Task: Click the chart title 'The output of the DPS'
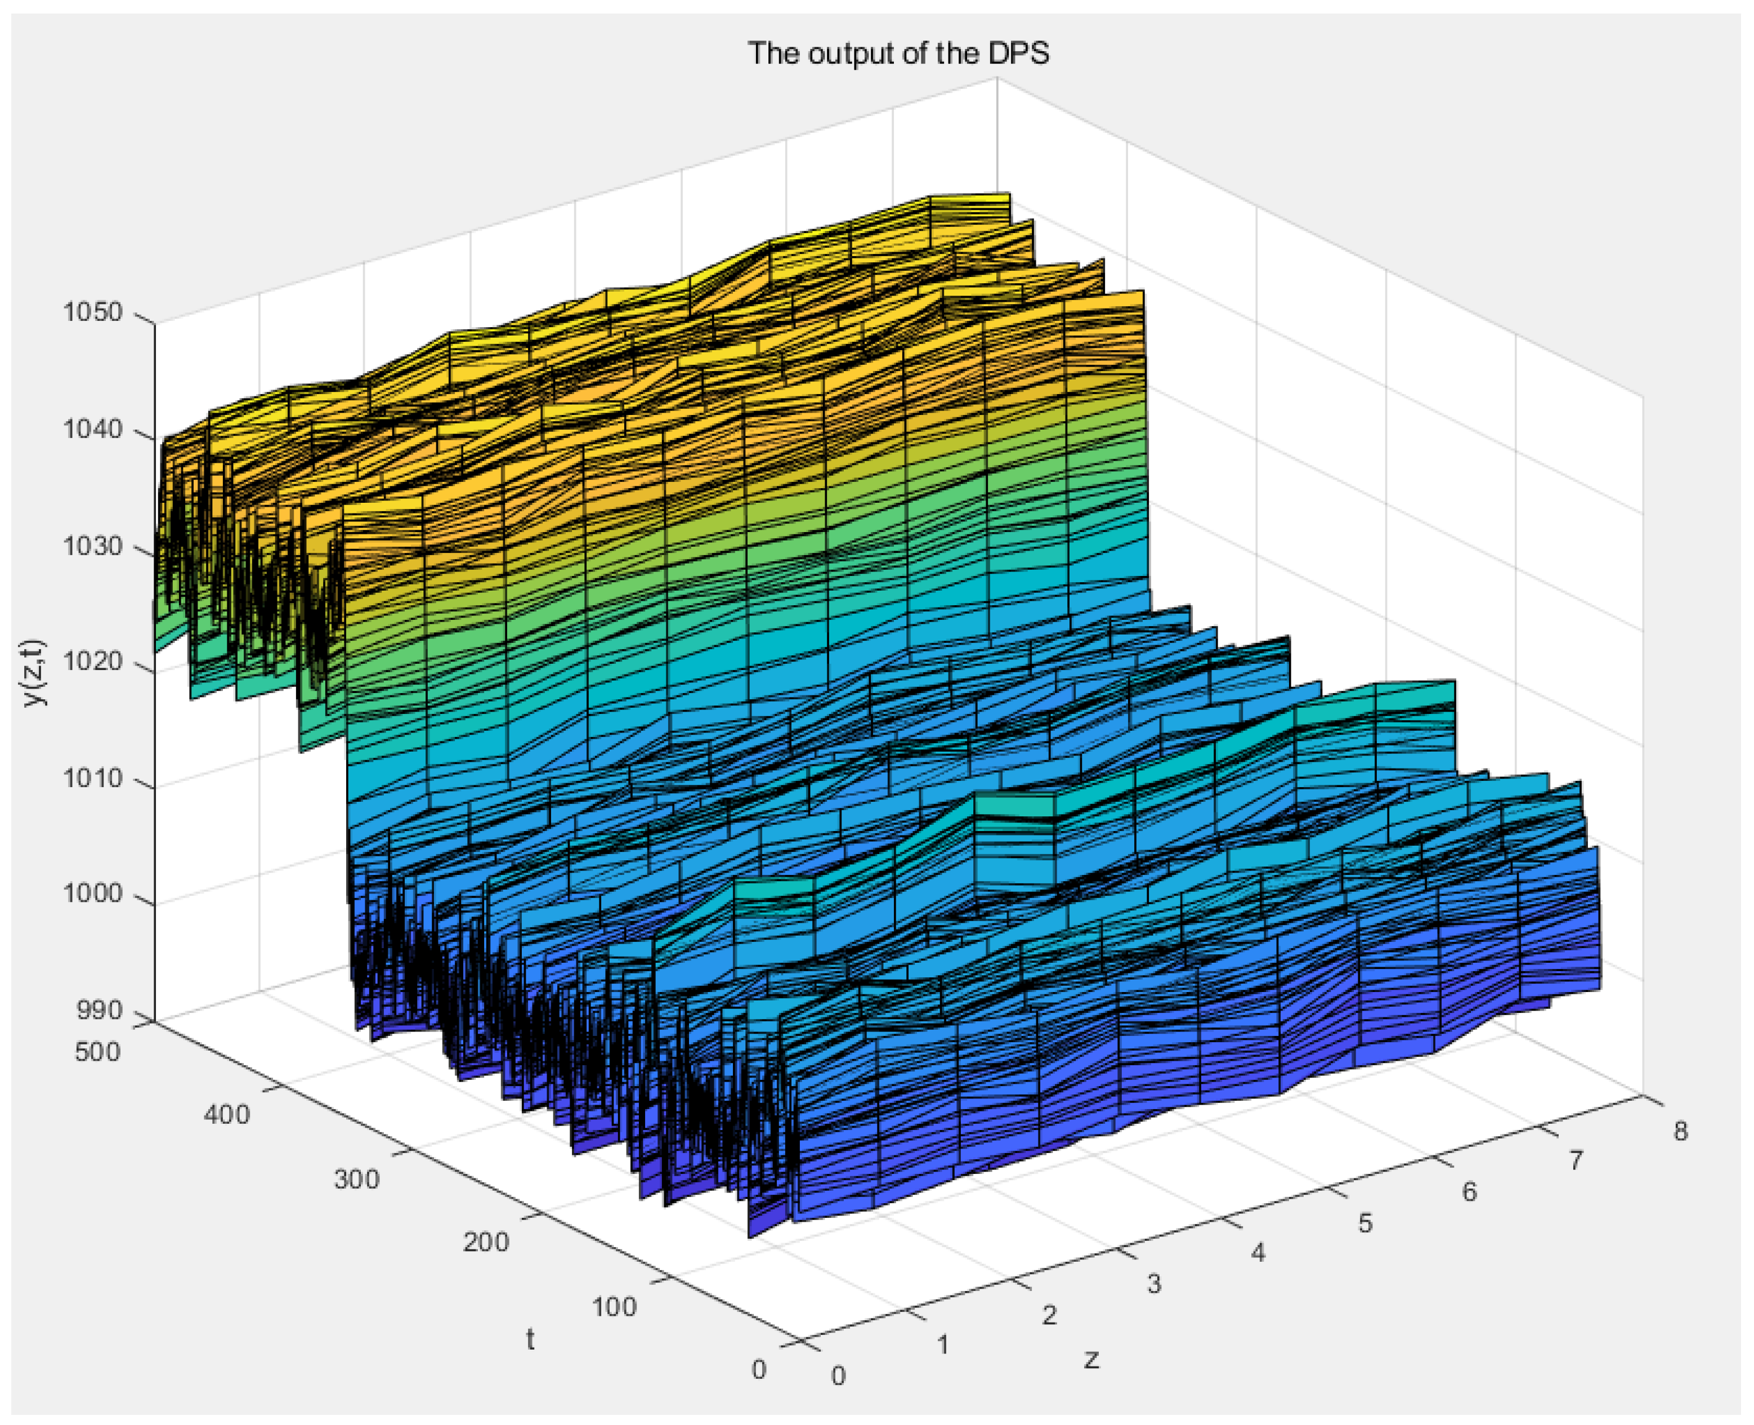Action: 898,53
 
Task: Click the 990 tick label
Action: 99,1011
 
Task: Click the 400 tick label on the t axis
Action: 226,1115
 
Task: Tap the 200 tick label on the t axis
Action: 485,1242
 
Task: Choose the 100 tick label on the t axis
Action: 614,1306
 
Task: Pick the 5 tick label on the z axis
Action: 1364,1223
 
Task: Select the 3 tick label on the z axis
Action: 1154,1284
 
